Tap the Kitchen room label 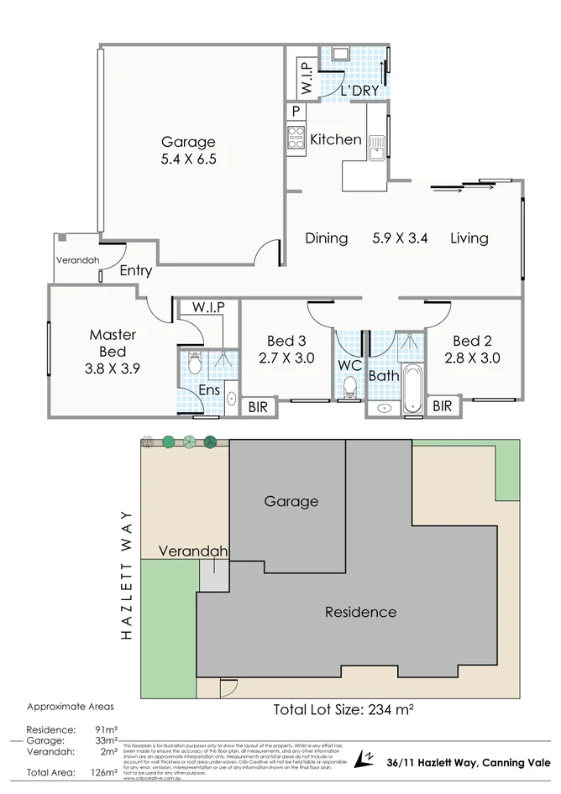click(335, 139)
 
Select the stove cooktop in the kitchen click(295, 137)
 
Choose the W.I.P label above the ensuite click(207, 307)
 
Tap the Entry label click(136, 270)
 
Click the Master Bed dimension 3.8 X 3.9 click(113, 368)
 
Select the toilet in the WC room click(350, 387)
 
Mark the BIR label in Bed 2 click(442, 406)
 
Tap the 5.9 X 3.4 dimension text click(401, 238)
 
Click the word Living click(469, 238)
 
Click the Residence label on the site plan click(360, 612)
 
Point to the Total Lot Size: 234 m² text click(343, 709)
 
